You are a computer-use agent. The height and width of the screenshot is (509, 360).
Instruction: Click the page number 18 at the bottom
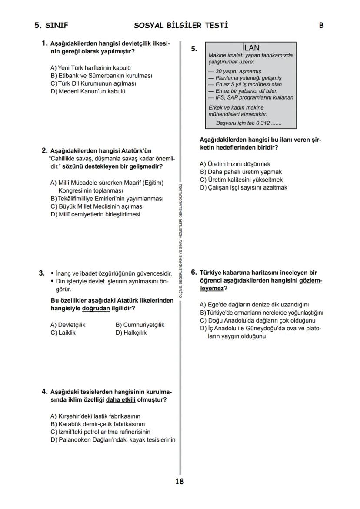click(180, 481)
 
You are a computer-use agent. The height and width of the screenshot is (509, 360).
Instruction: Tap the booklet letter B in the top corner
click(321, 25)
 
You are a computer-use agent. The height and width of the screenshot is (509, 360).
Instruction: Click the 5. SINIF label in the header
click(51, 25)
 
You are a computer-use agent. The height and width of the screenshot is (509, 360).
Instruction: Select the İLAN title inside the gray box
click(250, 48)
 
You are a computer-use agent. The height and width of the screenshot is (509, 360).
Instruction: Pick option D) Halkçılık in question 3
click(131, 333)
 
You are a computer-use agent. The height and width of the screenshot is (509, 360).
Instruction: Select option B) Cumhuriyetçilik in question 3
click(140, 325)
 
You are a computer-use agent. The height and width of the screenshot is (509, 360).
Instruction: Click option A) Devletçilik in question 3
click(68, 325)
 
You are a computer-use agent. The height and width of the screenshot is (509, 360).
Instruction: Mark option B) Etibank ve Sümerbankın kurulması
click(101, 76)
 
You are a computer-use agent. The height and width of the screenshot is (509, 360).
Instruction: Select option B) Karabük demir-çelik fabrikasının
click(98, 424)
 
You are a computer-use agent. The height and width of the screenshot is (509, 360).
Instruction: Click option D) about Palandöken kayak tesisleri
click(113, 439)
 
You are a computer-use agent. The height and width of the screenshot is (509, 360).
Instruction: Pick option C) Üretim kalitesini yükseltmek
click(241, 180)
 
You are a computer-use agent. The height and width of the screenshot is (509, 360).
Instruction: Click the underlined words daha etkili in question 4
click(121, 399)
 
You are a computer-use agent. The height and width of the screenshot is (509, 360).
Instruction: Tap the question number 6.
click(194, 273)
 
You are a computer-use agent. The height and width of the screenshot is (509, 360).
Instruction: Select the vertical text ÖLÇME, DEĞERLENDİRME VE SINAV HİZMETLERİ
click(180, 239)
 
